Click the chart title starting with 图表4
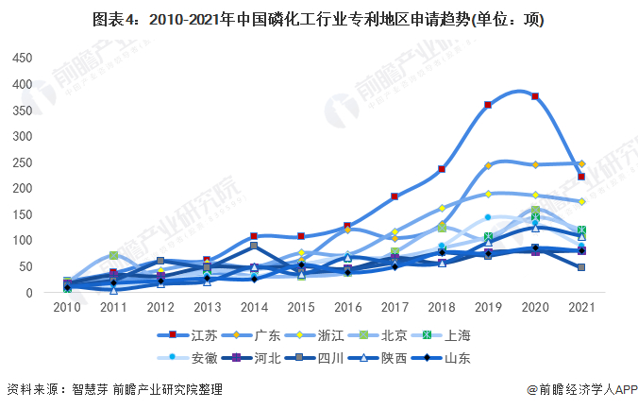(318, 19)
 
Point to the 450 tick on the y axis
(21, 58)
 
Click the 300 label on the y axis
(21, 136)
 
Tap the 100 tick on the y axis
(21, 241)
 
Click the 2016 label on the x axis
(347, 308)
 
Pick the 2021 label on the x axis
(581, 308)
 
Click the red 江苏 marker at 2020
(535, 96)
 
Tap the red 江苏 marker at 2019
(488, 105)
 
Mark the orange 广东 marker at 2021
(581, 163)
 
